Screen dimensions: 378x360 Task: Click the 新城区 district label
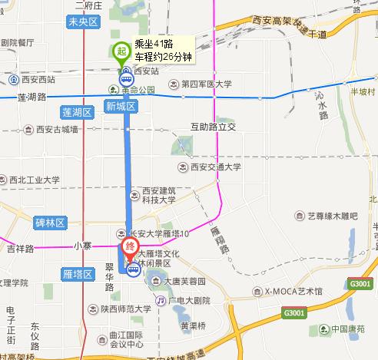121,106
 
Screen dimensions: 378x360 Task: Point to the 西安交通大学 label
215,166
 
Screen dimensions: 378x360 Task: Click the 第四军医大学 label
206,85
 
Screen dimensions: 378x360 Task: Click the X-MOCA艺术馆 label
293,291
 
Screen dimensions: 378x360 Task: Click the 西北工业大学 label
35,180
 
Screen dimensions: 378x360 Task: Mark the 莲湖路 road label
31,97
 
